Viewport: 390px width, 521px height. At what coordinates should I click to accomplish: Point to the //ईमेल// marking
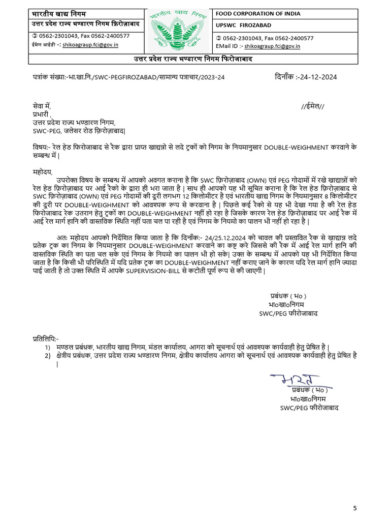[x=312, y=106]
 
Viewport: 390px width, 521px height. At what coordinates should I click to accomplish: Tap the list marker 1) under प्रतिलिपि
[x=47, y=347]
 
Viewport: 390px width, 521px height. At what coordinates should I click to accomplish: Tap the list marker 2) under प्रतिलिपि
[x=47, y=356]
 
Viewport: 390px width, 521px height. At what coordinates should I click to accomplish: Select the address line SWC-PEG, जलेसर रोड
[x=79, y=131]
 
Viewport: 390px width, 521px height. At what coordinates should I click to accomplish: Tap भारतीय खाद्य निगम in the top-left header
[x=50, y=13]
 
